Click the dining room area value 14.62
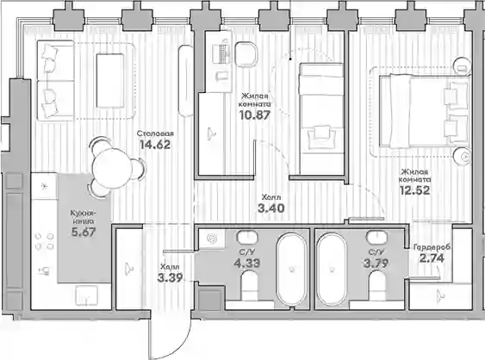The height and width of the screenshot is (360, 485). click(155, 145)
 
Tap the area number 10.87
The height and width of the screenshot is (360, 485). click(255, 115)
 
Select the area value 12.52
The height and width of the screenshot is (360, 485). click(414, 190)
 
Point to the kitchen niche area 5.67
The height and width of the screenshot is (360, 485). click(84, 232)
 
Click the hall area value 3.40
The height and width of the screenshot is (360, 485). click(271, 208)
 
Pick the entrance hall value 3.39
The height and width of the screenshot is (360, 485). click(170, 278)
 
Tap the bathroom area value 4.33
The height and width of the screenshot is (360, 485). click(247, 264)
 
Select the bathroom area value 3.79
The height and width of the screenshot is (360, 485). click(376, 264)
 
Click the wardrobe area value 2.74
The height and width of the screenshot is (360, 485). click(432, 258)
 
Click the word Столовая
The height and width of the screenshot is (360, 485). click(155, 133)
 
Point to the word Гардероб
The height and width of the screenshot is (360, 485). click(432, 247)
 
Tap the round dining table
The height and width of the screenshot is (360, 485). click(113, 169)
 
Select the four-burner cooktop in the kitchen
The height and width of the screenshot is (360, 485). click(44, 241)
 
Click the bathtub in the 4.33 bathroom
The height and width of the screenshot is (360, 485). click(291, 269)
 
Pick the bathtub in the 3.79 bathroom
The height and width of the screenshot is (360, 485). click(332, 269)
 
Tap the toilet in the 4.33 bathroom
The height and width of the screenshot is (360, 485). click(249, 285)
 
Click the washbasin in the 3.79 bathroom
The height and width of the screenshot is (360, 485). click(376, 237)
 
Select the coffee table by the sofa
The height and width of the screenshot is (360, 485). click(110, 81)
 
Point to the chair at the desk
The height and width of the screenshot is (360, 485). click(246, 54)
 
